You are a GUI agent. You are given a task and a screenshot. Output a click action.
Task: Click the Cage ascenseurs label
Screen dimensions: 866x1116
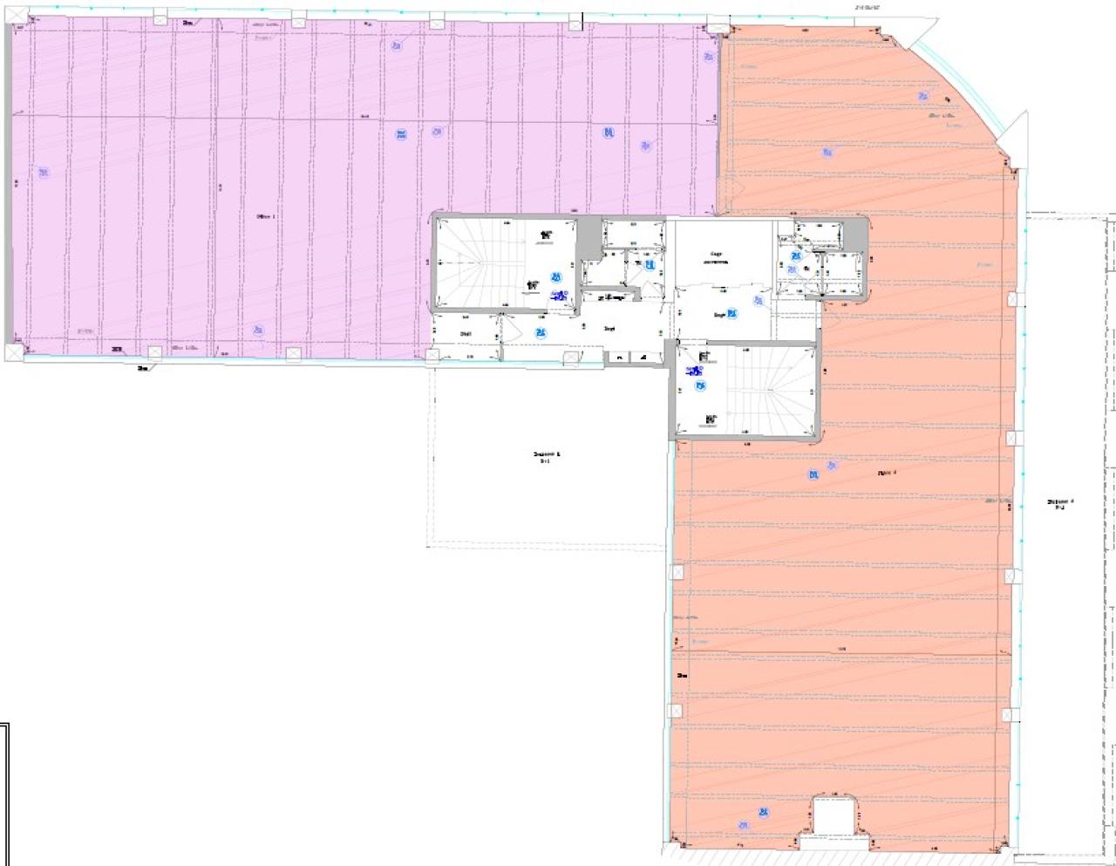(716, 257)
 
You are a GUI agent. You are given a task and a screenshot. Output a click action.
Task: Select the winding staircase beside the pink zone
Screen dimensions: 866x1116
(479, 262)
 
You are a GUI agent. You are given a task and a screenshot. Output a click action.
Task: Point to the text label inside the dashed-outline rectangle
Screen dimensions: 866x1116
(547, 456)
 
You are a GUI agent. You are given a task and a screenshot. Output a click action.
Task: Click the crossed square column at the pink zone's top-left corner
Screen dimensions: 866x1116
(15, 15)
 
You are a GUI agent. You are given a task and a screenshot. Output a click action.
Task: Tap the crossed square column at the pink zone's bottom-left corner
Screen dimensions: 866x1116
(13, 351)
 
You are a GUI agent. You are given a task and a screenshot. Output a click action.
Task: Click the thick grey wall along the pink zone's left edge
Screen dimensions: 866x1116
(9, 183)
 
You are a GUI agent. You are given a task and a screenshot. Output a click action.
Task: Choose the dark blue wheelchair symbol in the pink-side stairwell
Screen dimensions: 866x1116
(558, 296)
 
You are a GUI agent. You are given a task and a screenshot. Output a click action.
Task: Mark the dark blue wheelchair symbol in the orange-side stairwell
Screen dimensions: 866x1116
(695, 371)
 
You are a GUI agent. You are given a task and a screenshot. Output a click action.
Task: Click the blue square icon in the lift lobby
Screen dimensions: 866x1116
(732, 313)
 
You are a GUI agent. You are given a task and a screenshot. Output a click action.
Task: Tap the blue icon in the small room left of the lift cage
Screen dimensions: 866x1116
(649, 264)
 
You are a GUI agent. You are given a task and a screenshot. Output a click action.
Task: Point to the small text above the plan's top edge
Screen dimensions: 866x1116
(867, 7)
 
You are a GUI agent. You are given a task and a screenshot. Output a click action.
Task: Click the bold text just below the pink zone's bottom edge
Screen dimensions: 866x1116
(142, 368)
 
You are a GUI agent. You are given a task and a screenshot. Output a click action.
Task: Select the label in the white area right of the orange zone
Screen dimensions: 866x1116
(1060, 503)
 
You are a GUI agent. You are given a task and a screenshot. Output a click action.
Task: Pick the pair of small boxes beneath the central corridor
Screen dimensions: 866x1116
(629, 356)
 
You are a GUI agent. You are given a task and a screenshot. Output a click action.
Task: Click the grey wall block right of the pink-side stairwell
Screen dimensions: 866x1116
(590, 235)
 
